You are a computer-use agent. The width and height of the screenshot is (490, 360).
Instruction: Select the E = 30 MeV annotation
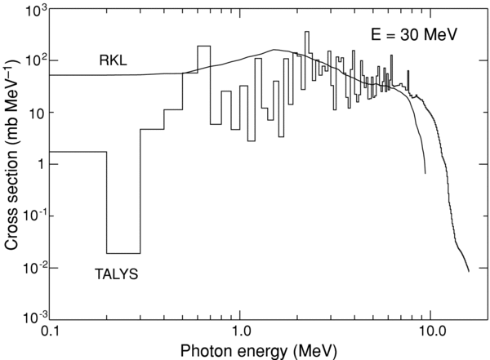408,35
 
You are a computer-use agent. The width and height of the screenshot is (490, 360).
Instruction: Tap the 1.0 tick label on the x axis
240,332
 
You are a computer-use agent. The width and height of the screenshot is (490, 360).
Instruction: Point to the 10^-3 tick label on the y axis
30,315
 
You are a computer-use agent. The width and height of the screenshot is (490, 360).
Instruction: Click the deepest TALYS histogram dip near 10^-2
123,253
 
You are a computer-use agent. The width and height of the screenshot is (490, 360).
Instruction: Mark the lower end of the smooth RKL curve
425,173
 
